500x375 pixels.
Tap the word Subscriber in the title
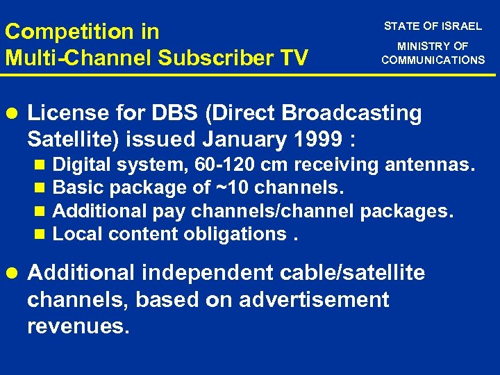click(x=208, y=58)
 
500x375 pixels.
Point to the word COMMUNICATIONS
click(x=433, y=60)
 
